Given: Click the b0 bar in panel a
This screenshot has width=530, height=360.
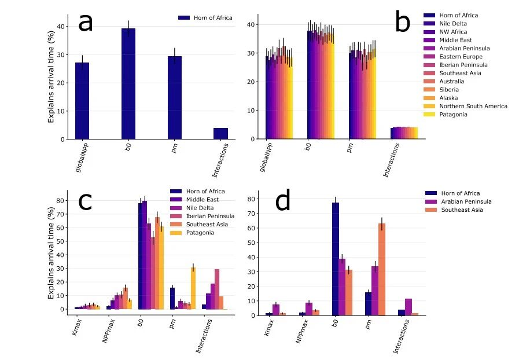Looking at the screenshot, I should [128, 83].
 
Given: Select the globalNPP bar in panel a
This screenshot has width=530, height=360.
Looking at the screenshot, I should [82, 101].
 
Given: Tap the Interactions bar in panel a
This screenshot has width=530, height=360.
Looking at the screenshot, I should [220, 134].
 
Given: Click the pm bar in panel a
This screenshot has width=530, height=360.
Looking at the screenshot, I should [175, 97].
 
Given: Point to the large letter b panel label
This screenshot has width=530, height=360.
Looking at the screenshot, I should [402, 23].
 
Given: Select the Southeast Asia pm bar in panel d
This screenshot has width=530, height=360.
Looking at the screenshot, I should [382, 269].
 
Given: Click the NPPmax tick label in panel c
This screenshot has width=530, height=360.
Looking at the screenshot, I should [108, 329].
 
